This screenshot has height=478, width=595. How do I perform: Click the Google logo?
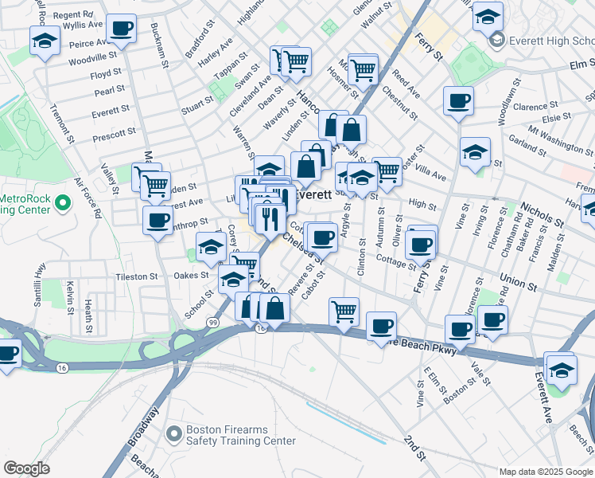[26, 468]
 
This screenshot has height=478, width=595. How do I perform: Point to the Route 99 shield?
[212, 322]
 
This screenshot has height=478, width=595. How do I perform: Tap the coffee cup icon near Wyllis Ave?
[121, 29]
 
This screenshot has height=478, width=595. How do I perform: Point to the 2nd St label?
[414, 448]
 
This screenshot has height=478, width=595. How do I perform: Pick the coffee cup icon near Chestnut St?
[459, 101]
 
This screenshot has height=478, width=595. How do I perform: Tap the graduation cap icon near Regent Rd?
[45, 40]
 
